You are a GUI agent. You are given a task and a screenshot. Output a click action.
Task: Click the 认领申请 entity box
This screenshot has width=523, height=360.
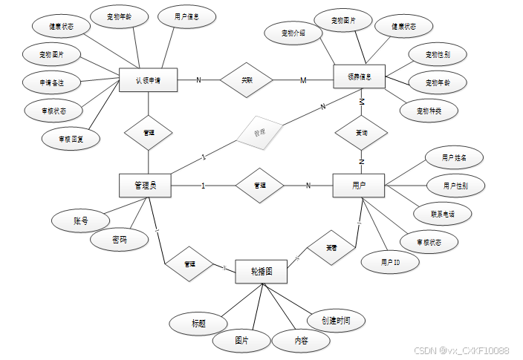click(x=149, y=79)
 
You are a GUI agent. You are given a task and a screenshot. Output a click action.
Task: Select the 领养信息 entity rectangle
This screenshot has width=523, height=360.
click(x=360, y=77)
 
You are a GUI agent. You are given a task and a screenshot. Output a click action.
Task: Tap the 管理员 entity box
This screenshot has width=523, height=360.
click(x=145, y=186)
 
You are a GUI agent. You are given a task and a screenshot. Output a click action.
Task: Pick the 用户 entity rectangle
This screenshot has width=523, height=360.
click(x=358, y=186)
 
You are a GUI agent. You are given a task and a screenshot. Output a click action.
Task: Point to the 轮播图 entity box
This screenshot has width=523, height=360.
click(x=261, y=272)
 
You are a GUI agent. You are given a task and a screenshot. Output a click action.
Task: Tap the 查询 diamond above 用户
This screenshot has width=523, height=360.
click(x=360, y=133)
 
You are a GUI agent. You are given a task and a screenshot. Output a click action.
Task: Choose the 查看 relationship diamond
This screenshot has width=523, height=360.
click(x=331, y=246)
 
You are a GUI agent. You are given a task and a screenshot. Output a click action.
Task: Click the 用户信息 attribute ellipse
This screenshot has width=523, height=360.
click(x=186, y=16)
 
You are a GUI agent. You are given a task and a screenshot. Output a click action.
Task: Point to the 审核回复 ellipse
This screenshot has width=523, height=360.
click(x=71, y=137)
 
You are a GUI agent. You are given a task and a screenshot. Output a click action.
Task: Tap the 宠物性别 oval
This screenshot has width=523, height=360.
click(x=438, y=54)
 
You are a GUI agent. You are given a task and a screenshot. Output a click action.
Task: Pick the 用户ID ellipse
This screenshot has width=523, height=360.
click(x=390, y=262)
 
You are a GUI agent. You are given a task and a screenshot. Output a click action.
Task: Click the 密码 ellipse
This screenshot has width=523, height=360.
click(x=119, y=240)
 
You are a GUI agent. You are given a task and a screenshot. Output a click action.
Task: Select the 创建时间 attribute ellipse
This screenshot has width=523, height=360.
click(x=337, y=320)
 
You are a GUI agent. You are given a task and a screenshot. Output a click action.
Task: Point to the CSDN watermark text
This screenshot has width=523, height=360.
click(x=460, y=350)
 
